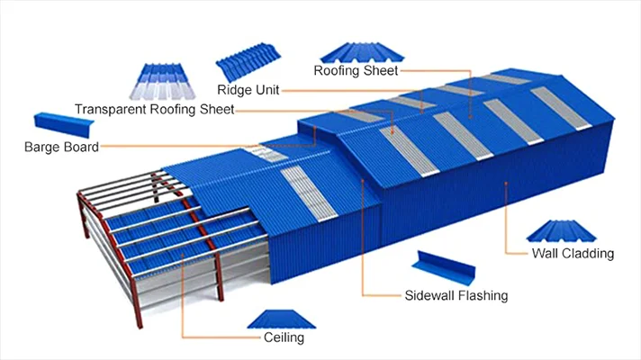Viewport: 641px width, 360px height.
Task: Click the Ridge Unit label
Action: point(248,89)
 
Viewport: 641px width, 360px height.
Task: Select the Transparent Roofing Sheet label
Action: point(154,109)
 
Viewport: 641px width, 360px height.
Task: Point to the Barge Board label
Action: point(61,147)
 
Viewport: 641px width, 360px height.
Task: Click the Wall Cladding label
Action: point(572,254)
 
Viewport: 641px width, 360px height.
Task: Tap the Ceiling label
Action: point(284,337)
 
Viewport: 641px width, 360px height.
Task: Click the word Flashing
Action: point(482,294)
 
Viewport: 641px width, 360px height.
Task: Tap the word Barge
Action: point(42,147)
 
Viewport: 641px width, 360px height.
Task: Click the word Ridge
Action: point(234,89)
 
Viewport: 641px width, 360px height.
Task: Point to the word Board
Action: point(80,147)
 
